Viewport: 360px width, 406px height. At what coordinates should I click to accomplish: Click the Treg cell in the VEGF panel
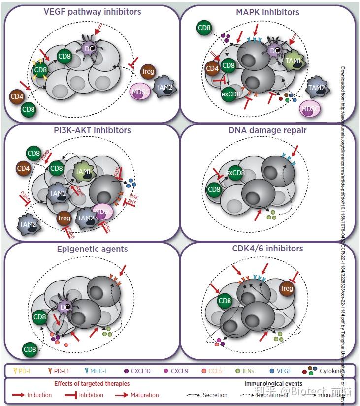coord(148,71)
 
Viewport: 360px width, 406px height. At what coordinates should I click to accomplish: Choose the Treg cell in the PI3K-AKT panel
coord(63,218)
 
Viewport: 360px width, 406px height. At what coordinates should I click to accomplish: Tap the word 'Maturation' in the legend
coord(144,395)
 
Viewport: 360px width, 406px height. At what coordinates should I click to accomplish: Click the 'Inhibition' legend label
coord(92,395)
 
